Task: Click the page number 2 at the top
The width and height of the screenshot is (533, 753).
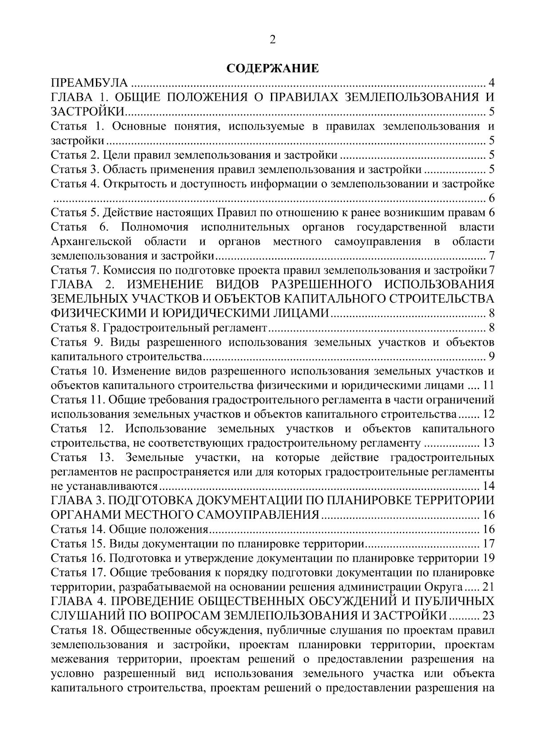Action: coord(272,39)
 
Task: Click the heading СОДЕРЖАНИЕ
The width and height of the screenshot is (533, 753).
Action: coord(272,68)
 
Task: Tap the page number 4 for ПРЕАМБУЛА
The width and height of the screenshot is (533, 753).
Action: coord(491,83)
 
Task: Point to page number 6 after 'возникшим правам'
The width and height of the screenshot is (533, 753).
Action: coord(491,213)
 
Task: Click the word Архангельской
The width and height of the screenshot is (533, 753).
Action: coord(91,242)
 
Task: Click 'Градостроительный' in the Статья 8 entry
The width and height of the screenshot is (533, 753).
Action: coord(150,328)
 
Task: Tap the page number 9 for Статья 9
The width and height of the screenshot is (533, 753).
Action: coord(491,356)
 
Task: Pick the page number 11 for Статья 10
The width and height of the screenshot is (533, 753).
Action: coord(489,385)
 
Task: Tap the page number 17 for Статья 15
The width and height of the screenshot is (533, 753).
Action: coord(489,544)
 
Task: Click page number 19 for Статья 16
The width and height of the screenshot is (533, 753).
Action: coord(489,558)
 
